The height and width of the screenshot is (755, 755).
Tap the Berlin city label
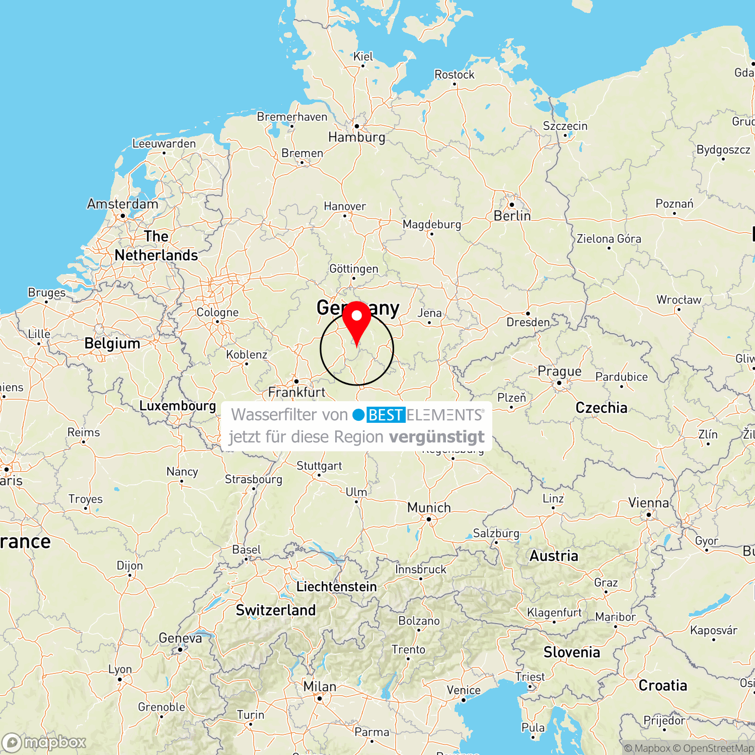pos(512,216)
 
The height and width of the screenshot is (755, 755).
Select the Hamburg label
pos(356,137)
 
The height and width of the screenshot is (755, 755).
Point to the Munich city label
pos(429,507)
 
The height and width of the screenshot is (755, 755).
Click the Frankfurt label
pos(296,392)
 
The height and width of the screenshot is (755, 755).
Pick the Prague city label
pos(559,371)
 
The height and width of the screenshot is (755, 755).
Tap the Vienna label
pos(648,503)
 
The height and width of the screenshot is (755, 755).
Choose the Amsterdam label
pos(122,204)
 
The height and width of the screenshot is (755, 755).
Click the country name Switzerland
pos(276,610)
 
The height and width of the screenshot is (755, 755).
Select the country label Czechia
pos(601,408)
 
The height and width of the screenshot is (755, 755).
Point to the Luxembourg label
pos(177,406)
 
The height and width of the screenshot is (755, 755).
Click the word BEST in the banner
pos(386,415)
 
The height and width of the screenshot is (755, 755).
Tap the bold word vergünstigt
pos(436,437)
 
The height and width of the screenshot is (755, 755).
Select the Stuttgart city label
pos(319,466)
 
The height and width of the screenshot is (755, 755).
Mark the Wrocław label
pos(678,300)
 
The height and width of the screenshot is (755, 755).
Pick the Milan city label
pos(320,687)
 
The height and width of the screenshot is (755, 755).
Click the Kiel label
pos(363,56)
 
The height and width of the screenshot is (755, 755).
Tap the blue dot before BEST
pos(358,415)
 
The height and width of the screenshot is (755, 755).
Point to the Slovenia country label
pos(571,652)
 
